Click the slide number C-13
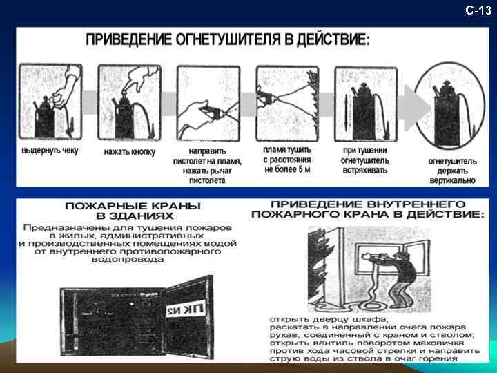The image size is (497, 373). click(478, 10)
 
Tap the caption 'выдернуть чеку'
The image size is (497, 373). click(50, 151)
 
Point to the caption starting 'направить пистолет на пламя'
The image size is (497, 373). click(207, 165)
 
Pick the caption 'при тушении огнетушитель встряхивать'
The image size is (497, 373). click(365, 160)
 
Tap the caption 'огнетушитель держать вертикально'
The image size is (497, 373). click(452, 170)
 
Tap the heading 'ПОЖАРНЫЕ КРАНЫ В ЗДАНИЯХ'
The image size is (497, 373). click(133, 211)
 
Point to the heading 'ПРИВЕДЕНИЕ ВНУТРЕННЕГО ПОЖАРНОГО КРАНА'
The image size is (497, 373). click(367, 209)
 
